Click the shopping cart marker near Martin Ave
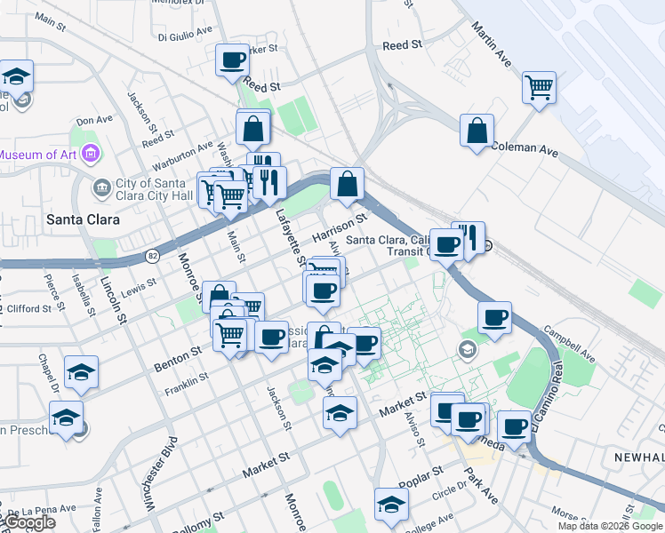(x=539, y=88)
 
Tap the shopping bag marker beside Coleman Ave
(x=477, y=131)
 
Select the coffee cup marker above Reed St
(x=232, y=60)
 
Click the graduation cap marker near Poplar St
(x=390, y=505)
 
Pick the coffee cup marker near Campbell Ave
(x=494, y=317)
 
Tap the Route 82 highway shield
(x=152, y=256)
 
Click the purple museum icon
(x=89, y=155)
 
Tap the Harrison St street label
(x=340, y=228)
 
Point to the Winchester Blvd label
(x=159, y=473)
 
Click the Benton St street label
(x=176, y=356)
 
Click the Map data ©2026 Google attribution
(x=610, y=526)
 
